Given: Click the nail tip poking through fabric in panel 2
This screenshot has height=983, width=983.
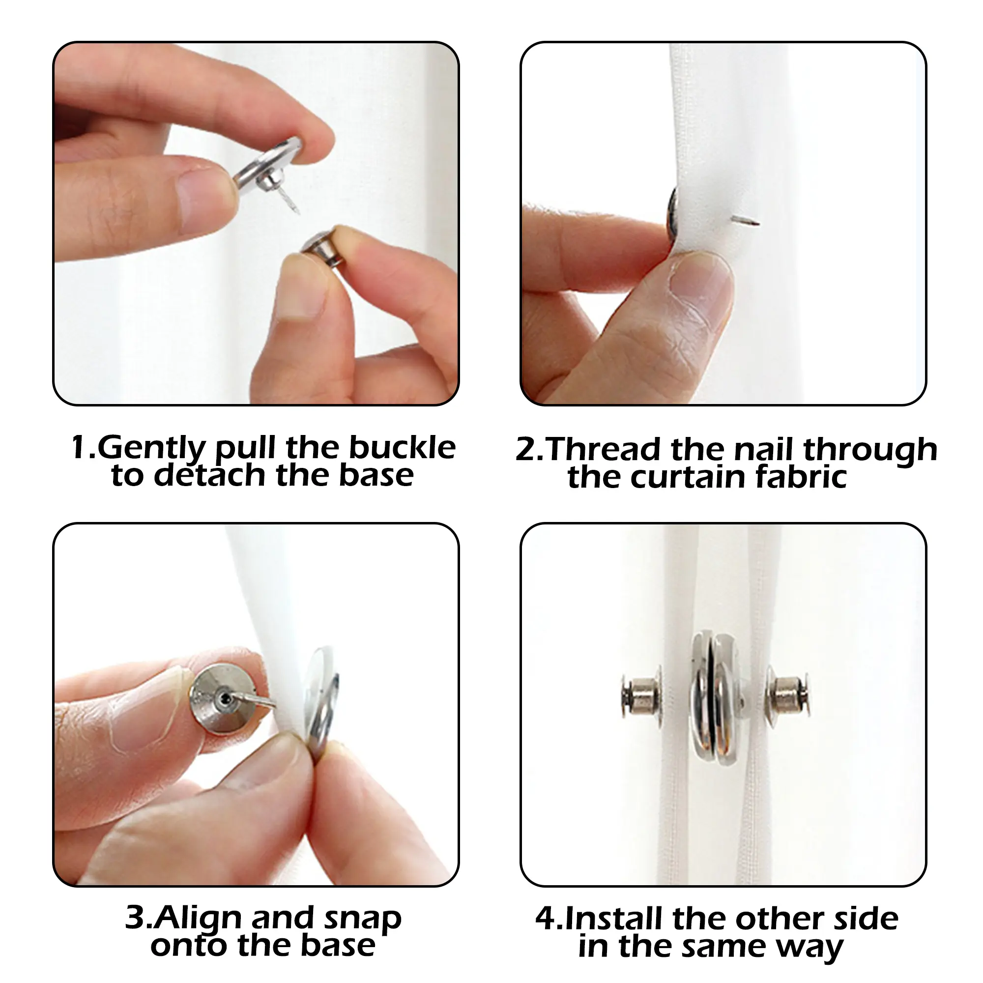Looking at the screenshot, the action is [x=757, y=222].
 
